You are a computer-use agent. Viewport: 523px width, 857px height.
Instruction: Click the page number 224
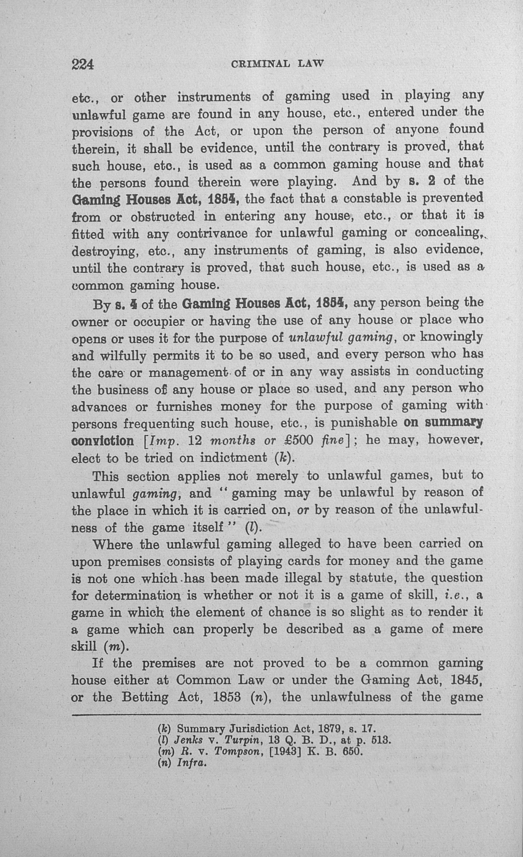[x=83, y=64]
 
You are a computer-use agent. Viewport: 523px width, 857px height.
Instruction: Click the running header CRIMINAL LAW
[x=277, y=64]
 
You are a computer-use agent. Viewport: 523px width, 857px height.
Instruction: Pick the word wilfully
[x=123, y=355]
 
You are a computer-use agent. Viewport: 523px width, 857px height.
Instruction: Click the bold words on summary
[x=443, y=423]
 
